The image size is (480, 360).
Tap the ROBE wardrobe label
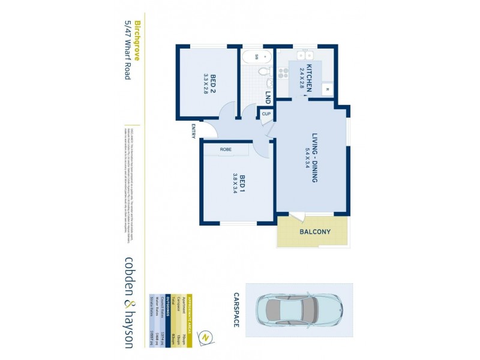point(226,149)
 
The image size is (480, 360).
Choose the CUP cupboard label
point(266,113)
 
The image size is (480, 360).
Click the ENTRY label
point(193,131)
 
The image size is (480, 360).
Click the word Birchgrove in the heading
point(137,43)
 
